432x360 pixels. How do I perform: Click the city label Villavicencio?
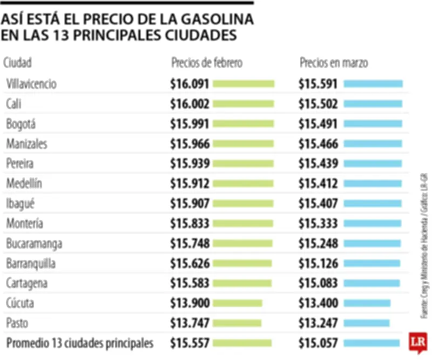(31, 84)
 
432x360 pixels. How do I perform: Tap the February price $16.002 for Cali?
(190, 104)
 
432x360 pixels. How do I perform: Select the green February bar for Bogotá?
(243, 124)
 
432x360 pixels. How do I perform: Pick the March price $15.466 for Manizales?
(318, 144)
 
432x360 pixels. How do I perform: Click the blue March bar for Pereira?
(373, 164)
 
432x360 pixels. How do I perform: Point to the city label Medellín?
(24, 184)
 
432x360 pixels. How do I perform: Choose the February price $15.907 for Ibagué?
(190, 204)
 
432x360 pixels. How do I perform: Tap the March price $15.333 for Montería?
(318, 224)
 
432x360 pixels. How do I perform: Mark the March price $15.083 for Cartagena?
(318, 283)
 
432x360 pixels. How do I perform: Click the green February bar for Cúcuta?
(237, 303)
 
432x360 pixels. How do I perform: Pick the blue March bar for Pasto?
(366, 323)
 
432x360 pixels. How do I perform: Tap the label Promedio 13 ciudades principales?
(79, 343)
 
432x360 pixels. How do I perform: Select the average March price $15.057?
(318, 343)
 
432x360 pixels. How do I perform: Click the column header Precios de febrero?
(207, 63)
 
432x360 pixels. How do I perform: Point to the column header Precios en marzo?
(334, 63)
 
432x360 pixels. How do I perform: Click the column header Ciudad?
(17, 63)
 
